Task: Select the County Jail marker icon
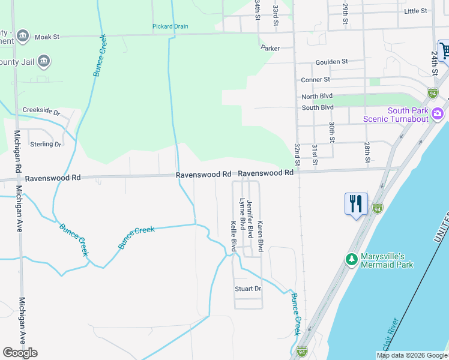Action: point(43,61)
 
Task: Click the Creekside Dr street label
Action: point(41,111)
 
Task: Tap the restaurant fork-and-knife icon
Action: point(356,203)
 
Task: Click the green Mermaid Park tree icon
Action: point(351,259)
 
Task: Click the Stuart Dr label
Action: point(248,289)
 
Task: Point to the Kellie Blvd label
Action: point(234,237)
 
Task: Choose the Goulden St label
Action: point(332,61)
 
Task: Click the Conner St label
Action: point(316,79)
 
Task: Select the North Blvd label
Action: point(318,97)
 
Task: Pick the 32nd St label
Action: point(297,154)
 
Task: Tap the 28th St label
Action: point(367,152)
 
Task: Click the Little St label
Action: point(415,11)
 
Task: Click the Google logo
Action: point(20,353)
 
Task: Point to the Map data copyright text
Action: point(411,355)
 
